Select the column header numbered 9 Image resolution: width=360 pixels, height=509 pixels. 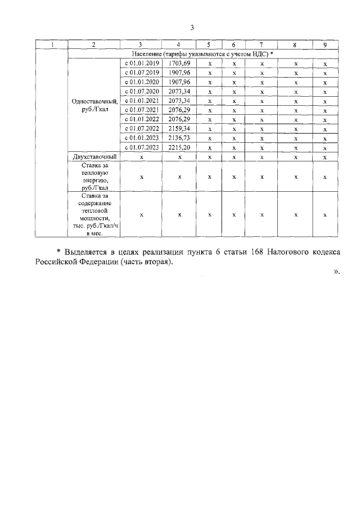325,44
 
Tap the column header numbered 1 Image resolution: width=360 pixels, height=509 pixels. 51,44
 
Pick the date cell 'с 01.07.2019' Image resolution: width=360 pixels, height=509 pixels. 142,73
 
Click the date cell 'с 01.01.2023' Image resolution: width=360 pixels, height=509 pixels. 142,138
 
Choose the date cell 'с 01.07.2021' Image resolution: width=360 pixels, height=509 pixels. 142,110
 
